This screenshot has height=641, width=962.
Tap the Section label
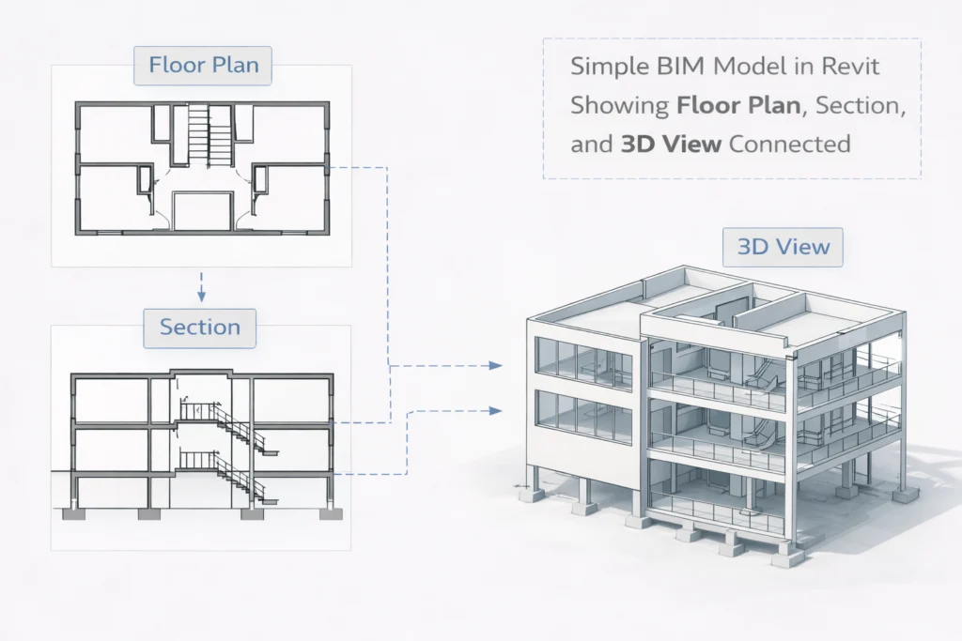click(200, 327)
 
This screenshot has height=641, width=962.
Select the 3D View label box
click(783, 247)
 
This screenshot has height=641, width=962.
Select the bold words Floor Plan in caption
click(739, 107)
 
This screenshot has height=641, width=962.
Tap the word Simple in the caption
click(606, 69)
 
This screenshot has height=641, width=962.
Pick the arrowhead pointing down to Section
click(200, 296)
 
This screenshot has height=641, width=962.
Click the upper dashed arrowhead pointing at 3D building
click(497, 365)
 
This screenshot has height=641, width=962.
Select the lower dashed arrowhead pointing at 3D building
click(497, 409)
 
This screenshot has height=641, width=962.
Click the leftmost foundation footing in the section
click(70, 513)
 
